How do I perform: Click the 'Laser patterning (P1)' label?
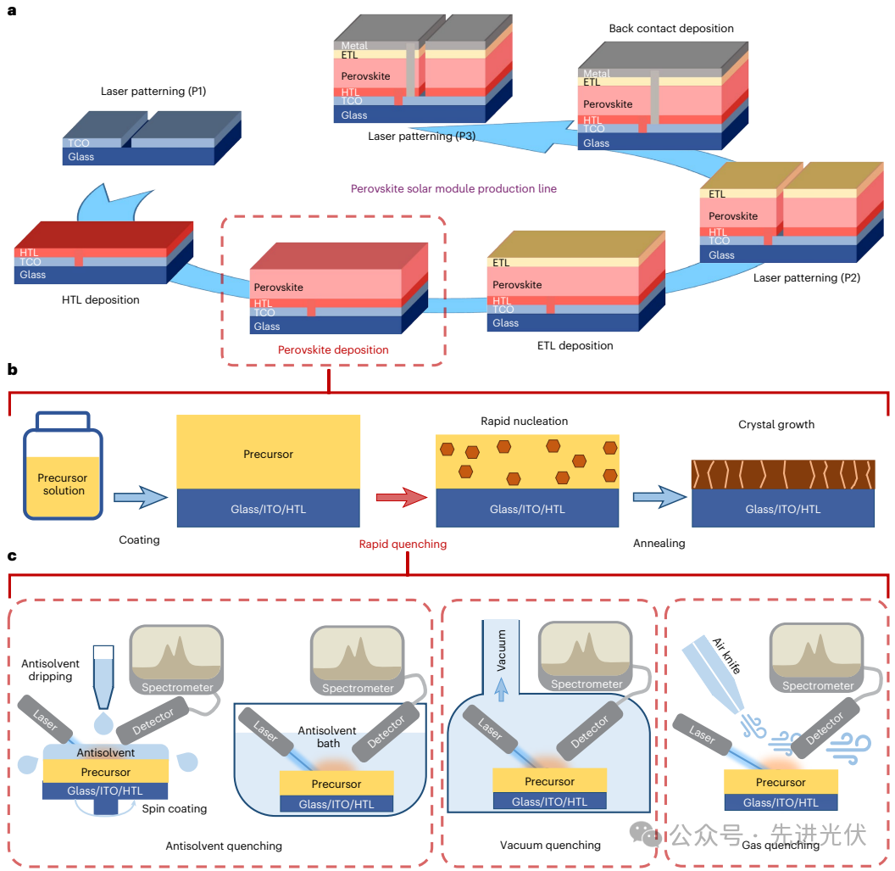coord(153,91)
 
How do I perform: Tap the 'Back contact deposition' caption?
coord(671,29)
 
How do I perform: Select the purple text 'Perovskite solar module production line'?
coord(453,188)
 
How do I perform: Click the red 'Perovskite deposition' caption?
coord(333,349)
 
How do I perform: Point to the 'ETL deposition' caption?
coord(575,345)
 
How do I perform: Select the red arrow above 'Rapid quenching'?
coord(401,498)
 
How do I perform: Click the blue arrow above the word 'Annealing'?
coord(659,498)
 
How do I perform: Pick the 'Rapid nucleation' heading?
coord(525,421)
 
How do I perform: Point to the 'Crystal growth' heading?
coord(776,424)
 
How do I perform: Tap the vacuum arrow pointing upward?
coord(501,691)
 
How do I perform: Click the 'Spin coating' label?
coord(175,808)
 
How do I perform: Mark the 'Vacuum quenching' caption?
coord(550,845)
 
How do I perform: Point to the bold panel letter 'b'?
coord(13,370)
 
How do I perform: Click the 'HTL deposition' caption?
coord(101,299)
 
